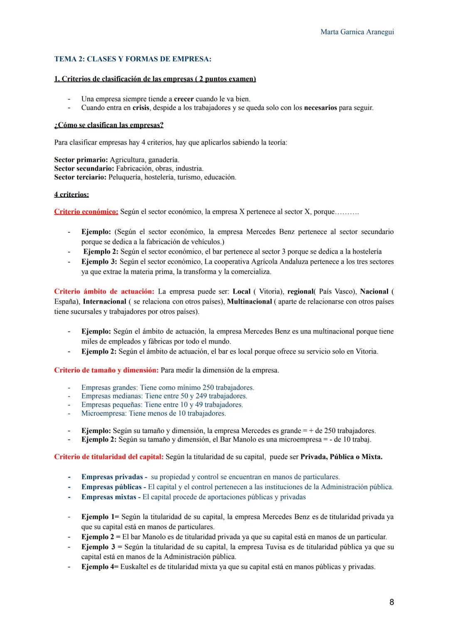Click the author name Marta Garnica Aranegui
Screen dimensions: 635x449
pyautogui.click(x=357, y=32)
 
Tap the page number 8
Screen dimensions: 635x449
pyautogui.click(x=391, y=602)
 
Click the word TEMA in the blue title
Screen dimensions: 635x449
pyautogui.click(x=65, y=59)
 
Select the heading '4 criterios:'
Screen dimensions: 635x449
pyautogui.click(x=71, y=194)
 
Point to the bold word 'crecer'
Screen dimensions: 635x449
pyautogui.click(x=183, y=99)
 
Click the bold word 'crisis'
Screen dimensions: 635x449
pyautogui.click(x=141, y=108)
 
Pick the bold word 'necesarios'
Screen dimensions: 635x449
pyautogui.click(x=320, y=108)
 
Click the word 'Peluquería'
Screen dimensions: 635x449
pyautogui.click(x=124, y=177)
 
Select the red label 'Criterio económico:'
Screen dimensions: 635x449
pyautogui.click(x=86, y=212)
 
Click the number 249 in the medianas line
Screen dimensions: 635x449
pyautogui.click(x=201, y=396)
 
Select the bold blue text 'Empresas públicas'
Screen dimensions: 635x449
pyautogui.click(x=111, y=487)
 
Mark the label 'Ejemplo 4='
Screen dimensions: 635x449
pyautogui.click(x=100, y=567)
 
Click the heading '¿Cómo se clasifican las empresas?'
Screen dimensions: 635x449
pyautogui.click(x=109, y=125)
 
